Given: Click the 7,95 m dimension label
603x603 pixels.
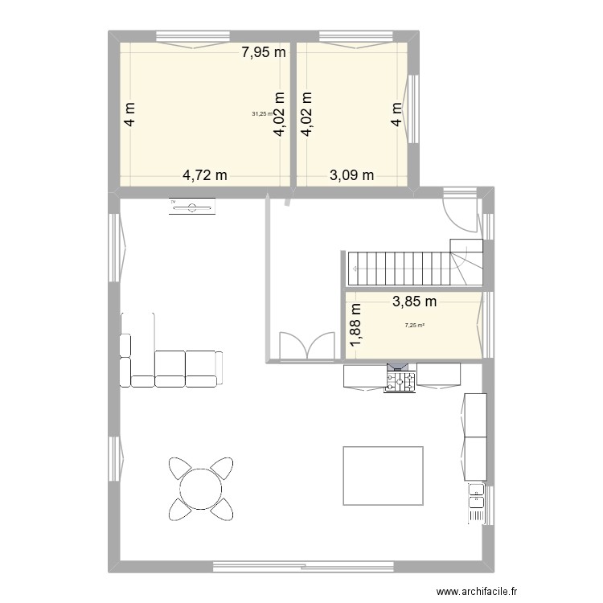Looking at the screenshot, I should (x=265, y=54).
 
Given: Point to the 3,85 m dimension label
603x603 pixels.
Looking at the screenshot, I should (x=414, y=301).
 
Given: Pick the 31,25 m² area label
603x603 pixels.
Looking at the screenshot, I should (x=262, y=114).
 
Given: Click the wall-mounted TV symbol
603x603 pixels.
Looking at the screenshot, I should (x=192, y=208).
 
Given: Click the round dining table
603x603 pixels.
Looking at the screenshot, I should (x=200, y=486).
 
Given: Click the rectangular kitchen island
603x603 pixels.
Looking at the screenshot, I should (x=383, y=475).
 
